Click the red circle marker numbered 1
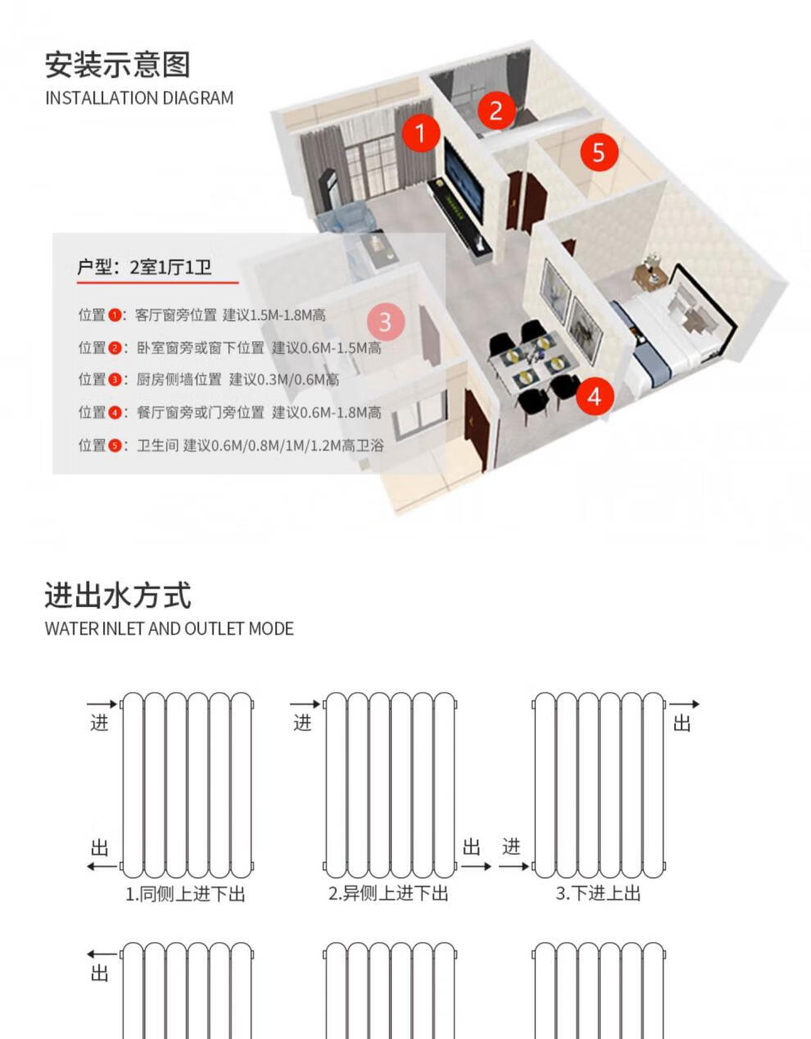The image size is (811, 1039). click(421, 132)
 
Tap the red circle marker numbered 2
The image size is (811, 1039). click(496, 110)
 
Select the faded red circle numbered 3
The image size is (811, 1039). click(385, 322)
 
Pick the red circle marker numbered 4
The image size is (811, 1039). click(595, 397)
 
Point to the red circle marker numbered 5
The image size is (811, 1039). click(599, 152)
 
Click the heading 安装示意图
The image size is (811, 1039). click(117, 64)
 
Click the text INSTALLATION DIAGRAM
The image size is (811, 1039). click(139, 98)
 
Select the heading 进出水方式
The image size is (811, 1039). click(117, 596)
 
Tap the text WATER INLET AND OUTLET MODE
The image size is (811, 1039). click(169, 628)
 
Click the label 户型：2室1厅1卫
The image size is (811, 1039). click(144, 267)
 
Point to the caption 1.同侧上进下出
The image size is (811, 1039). click(185, 893)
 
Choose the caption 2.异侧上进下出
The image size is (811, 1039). click(388, 893)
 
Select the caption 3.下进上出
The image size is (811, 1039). click(598, 893)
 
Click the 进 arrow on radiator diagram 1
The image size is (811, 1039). click(102, 705)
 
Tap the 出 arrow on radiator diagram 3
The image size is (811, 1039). click(684, 705)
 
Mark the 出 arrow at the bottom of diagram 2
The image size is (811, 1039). click(475, 865)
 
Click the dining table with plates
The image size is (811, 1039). click(532, 366)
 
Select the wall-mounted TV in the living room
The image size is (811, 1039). click(463, 182)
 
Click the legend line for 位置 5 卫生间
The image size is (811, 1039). click(231, 445)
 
